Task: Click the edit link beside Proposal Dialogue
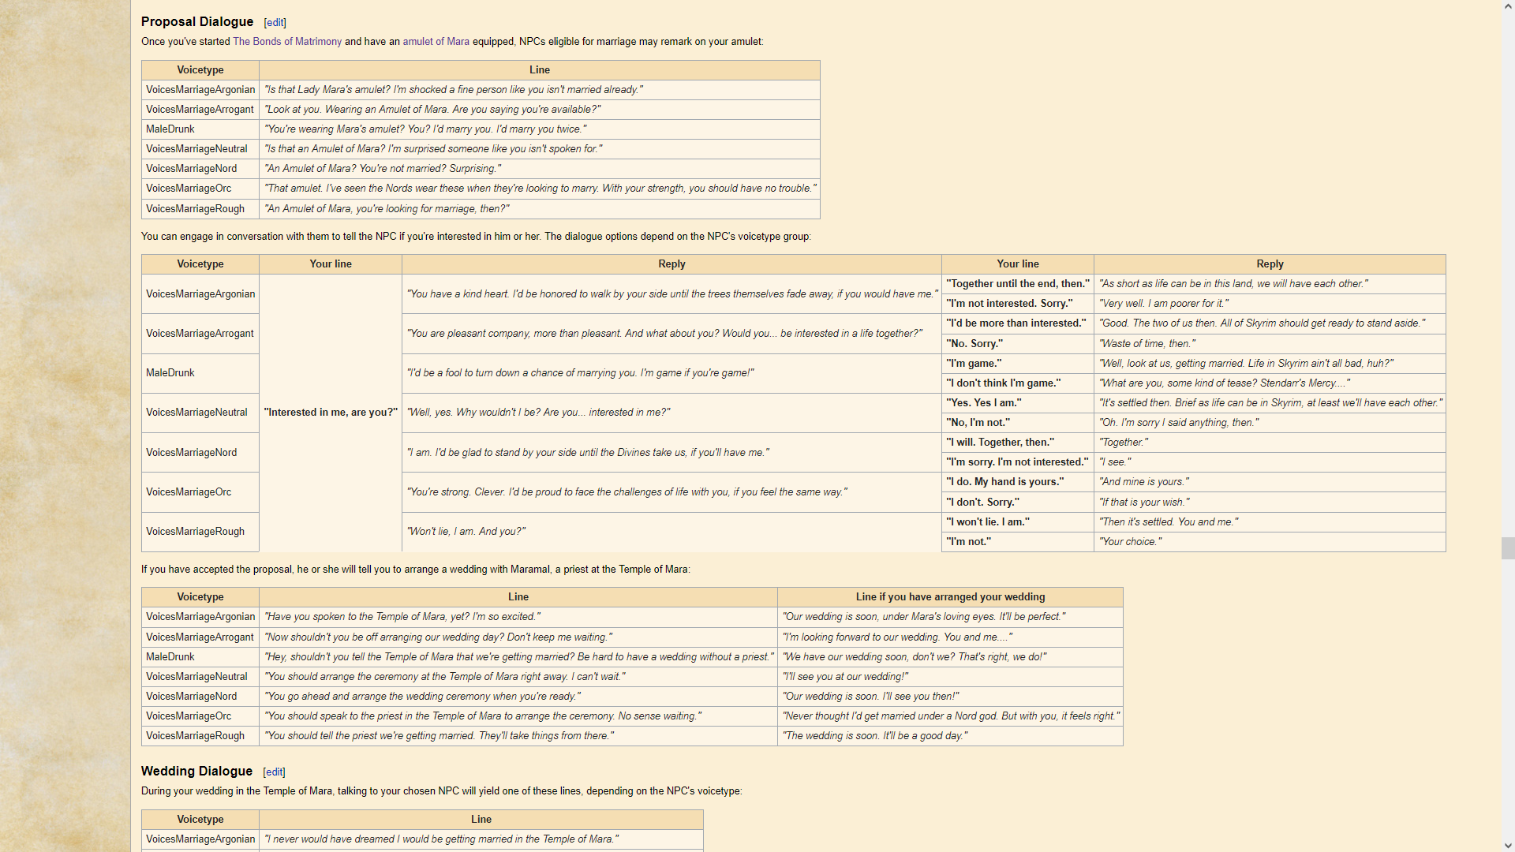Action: click(275, 23)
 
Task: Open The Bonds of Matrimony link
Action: click(287, 42)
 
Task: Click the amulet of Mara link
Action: click(436, 42)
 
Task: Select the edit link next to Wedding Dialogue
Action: click(274, 772)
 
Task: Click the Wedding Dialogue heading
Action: click(196, 772)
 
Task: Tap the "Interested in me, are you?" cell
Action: click(331, 413)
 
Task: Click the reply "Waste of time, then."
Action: click(1147, 344)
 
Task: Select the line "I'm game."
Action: click(974, 364)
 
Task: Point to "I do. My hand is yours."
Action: click(1005, 482)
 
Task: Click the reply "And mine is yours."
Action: click(1144, 482)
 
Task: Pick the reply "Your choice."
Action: click(1130, 542)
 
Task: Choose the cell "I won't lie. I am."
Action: click(988, 522)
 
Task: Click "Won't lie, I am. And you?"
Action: click(466, 532)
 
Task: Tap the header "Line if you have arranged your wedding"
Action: click(950, 597)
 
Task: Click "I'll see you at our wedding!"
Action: click(845, 677)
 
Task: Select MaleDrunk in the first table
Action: click(170, 129)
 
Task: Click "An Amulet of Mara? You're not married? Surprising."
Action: click(383, 169)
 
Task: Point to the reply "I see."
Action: click(1115, 462)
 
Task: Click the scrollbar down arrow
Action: click(1508, 846)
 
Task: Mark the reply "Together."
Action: click(1124, 443)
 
